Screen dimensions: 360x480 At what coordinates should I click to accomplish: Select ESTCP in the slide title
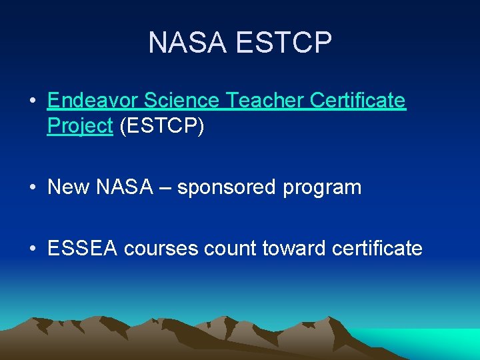283,43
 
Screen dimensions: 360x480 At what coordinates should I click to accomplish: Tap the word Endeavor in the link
93,101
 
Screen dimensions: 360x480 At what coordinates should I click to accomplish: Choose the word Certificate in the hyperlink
359,101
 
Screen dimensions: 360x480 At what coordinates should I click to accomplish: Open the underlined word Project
80,126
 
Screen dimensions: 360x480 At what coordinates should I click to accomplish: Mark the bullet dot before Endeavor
32,101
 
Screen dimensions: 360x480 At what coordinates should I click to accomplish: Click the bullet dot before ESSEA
32,249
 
